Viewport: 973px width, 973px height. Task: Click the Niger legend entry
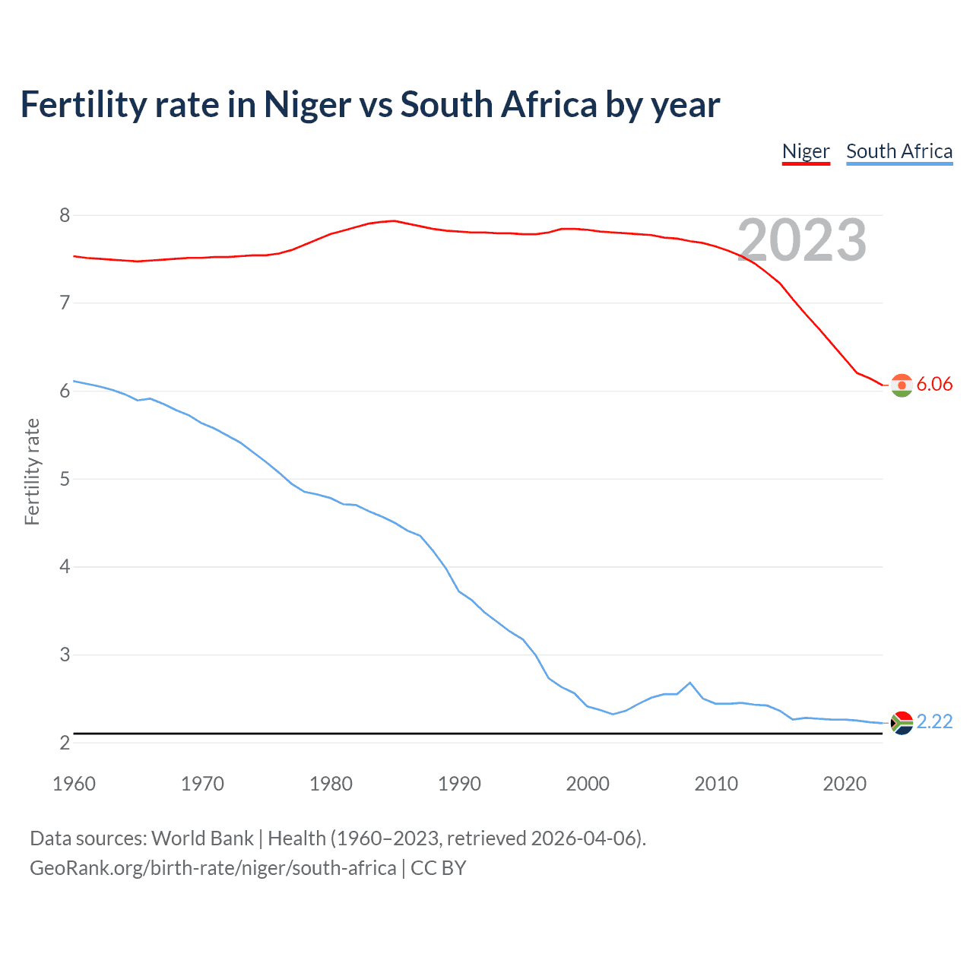click(x=806, y=151)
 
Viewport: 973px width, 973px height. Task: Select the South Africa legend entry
click(x=899, y=151)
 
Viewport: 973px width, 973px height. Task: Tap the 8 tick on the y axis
click(x=65, y=216)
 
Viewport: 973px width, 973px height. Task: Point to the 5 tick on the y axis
click(x=65, y=480)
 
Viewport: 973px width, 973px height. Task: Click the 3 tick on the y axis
click(x=65, y=655)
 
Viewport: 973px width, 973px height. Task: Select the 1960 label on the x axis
click(x=74, y=784)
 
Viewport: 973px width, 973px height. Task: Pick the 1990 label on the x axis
click(x=459, y=784)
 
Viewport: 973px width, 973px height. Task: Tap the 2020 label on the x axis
click(x=845, y=784)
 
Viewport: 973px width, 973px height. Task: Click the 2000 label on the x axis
click(x=588, y=784)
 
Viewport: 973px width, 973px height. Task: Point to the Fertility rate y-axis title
click(x=32, y=471)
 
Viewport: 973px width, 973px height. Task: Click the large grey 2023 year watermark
click(x=802, y=241)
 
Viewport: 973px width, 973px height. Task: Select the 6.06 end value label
click(x=934, y=385)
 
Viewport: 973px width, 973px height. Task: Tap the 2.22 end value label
click(x=934, y=722)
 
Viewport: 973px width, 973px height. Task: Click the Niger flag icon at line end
click(x=902, y=385)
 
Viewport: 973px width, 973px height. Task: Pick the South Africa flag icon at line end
click(x=902, y=722)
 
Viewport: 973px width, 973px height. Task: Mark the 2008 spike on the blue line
click(x=690, y=683)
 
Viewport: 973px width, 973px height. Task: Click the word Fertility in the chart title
click(x=84, y=105)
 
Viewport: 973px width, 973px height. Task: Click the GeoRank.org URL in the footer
click(x=213, y=868)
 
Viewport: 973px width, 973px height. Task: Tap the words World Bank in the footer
click(x=202, y=838)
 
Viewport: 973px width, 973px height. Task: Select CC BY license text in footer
click(x=439, y=868)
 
